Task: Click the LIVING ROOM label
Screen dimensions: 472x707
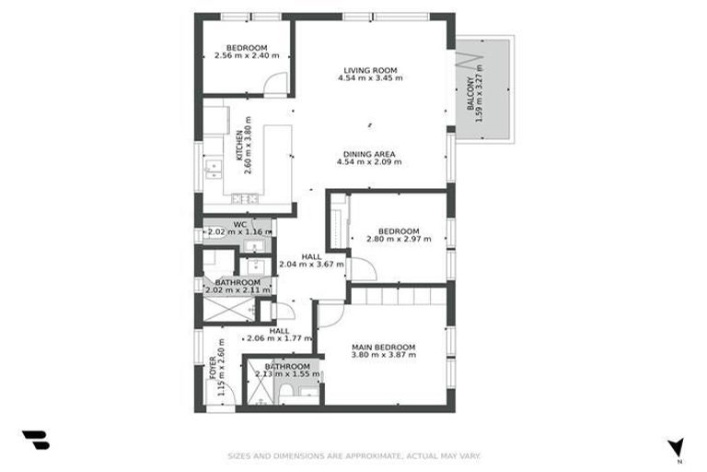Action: [370, 70]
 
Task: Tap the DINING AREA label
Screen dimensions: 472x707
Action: [370, 153]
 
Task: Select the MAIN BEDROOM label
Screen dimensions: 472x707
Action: [384, 348]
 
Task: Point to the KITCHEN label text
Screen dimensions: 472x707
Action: [239, 146]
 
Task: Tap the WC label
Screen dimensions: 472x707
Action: [239, 224]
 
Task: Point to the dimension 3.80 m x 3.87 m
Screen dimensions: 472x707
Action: [384, 356]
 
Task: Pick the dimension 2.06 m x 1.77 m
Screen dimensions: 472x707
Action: [279, 339]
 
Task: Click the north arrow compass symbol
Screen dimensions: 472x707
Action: [676, 447]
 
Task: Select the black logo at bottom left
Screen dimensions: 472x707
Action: [35, 441]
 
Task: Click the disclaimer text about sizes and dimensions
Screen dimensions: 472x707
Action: [353, 455]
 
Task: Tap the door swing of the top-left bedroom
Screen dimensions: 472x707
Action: [275, 84]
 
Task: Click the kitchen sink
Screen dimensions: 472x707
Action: [214, 167]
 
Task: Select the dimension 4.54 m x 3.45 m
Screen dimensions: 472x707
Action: [370, 78]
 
